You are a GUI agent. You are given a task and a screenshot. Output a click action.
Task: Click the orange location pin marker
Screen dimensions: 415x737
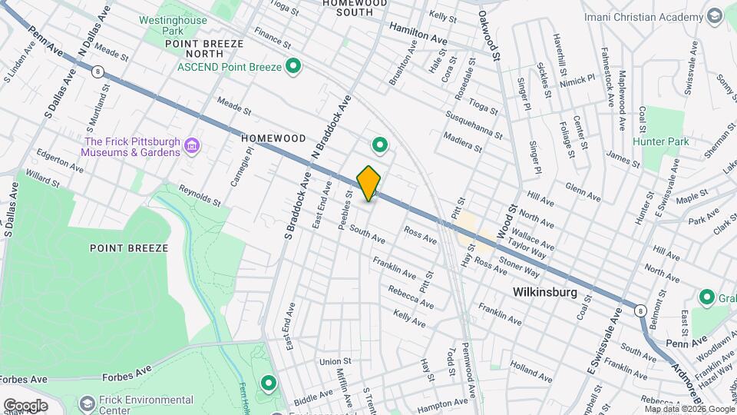[x=369, y=183]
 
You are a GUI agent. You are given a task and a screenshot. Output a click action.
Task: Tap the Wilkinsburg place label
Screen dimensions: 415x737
[x=544, y=293]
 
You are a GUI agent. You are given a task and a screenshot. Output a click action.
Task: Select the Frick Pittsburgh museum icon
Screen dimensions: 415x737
[x=193, y=146]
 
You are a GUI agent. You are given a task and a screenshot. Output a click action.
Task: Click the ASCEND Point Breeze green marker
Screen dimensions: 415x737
[x=292, y=68]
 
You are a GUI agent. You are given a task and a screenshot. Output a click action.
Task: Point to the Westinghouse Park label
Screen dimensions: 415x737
[x=173, y=25]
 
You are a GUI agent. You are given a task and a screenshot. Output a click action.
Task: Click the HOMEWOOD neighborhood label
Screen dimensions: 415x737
[x=273, y=138]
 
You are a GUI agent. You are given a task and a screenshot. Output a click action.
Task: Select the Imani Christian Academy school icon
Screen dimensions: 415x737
[x=715, y=16]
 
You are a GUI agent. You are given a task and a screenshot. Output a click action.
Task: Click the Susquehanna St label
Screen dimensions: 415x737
[x=474, y=123]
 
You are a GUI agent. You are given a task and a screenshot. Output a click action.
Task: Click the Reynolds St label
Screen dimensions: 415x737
[x=200, y=196]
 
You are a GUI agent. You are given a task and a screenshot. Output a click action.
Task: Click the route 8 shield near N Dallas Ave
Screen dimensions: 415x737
[x=97, y=71]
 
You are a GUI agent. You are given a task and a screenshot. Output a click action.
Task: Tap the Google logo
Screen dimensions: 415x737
[x=25, y=405]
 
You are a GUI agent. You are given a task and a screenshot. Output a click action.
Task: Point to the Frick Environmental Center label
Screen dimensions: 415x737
[x=146, y=405]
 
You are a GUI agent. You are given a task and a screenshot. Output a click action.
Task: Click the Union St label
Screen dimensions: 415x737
[x=335, y=361]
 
